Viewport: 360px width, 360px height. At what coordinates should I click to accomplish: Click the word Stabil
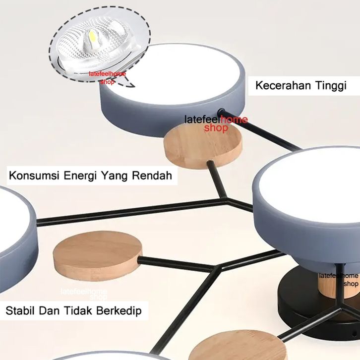(22, 311)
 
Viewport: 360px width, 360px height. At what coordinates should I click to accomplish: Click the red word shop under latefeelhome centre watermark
(216, 128)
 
